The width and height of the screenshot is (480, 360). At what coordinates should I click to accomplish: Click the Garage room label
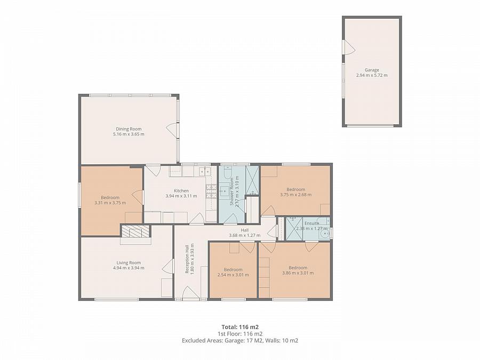pos(372,70)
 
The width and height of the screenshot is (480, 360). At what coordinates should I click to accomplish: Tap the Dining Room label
pos(129,129)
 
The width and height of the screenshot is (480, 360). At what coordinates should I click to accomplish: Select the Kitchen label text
pos(181,191)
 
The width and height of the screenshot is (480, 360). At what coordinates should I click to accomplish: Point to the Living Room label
pos(129,262)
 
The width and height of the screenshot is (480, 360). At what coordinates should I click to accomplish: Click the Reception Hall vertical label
pos(187,259)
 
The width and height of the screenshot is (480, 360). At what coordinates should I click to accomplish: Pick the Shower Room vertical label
pos(232,191)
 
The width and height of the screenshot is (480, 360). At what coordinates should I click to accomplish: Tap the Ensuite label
pos(311,223)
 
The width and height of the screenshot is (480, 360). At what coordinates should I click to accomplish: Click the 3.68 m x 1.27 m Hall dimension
pos(245,235)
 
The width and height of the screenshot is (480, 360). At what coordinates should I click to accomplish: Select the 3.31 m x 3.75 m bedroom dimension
pos(110,203)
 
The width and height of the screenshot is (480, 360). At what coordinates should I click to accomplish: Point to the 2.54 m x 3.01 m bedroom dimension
pos(233,275)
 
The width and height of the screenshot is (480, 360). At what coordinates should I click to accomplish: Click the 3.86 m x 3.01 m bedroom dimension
pos(298,273)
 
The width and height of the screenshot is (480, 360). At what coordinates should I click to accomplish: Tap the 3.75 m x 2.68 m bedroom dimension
pos(295,194)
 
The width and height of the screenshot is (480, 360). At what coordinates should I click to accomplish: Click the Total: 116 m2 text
pos(240,327)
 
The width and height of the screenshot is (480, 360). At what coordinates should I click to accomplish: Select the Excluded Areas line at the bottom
pos(240,340)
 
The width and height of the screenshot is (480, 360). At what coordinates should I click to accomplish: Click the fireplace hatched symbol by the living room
pos(135,231)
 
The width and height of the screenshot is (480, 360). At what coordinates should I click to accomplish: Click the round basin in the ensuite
pos(324,235)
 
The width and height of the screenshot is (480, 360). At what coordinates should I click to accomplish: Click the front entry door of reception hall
pos(191,293)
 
